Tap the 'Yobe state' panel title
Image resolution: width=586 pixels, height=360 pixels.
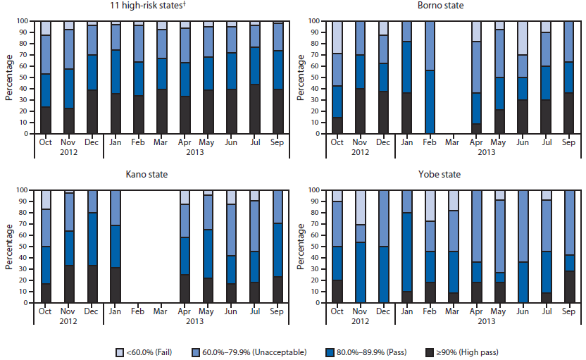pyautogui.click(x=440, y=175)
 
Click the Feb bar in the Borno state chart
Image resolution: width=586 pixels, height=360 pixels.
pyautogui.click(x=428, y=77)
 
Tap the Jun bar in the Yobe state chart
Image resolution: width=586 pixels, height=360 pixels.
pyautogui.click(x=523, y=247)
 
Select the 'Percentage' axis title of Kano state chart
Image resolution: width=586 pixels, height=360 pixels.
pyautogui.click(x=9, y=247)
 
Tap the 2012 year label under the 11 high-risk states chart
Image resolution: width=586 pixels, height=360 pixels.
pyautogui.click(x=68, y=152)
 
